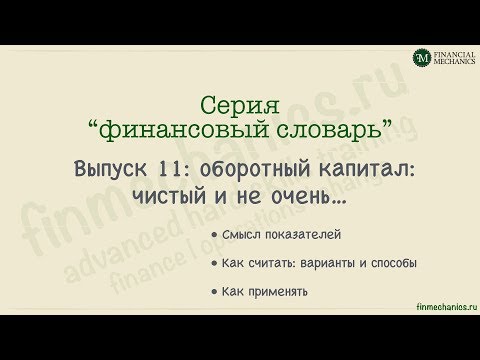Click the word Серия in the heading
[240, 106]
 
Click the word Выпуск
[110, 169]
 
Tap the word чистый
[169, 196]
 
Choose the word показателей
[303, 235]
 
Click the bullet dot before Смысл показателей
[214, 235]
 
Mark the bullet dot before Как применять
[214, 292]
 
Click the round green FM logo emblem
[422, 58]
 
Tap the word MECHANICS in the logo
[454, 61]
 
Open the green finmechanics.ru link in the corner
[447, 307]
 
